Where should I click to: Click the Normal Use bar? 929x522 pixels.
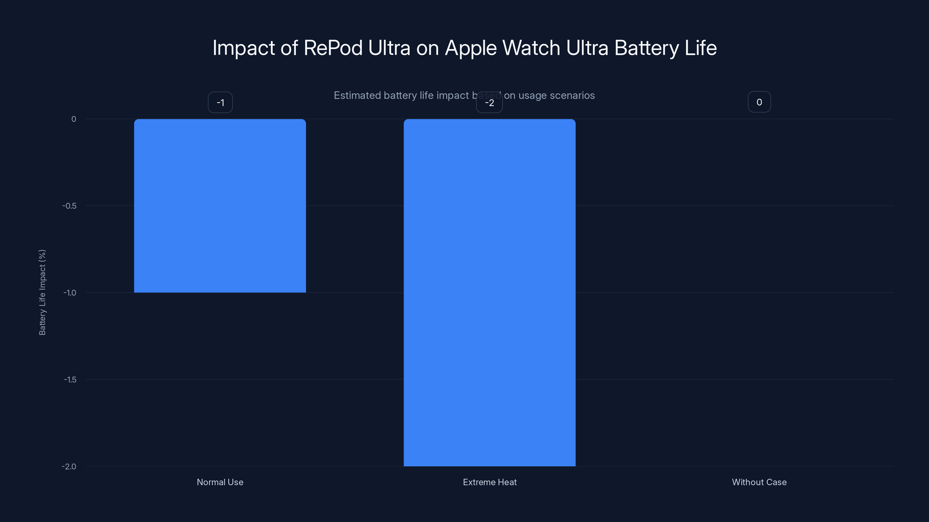[220, 205]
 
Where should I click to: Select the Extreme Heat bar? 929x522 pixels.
[489, 292]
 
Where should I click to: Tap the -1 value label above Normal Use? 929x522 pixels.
[220, 103]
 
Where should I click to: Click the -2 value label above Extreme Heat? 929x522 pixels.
[489, 103]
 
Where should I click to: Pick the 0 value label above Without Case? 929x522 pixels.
[759, 102]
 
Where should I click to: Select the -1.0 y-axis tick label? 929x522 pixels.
[70, 293]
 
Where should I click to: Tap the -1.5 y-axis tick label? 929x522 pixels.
[70, 380]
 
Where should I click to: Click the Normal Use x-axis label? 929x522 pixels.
[220, 482]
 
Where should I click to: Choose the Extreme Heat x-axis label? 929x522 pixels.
[490, 482]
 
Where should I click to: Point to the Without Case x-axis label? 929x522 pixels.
[759, 482]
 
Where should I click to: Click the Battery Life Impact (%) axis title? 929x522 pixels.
[42, 292]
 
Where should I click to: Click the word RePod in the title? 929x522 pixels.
[333, 48]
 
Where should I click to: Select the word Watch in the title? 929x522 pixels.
[531, 48]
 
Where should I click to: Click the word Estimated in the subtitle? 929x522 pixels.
[357, 95]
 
